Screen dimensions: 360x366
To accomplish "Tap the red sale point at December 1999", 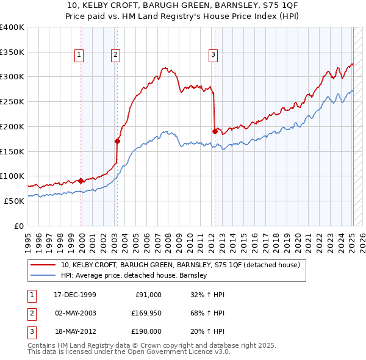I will (x=81, y=181).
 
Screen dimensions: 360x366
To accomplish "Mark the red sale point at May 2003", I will (x=117, y=141).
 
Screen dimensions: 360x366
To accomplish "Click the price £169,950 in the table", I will (x=146, y=313).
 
